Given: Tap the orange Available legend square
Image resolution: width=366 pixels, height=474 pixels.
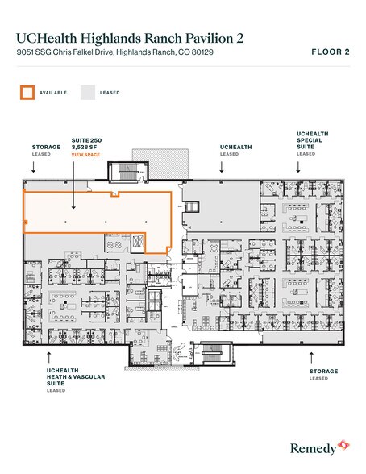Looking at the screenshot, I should pos(27,92).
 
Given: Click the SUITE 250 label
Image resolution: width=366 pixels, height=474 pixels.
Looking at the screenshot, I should pos(86,139).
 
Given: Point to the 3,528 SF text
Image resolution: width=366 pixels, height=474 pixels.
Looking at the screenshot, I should pos(84,147).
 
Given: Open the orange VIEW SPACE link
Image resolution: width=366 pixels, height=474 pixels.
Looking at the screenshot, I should pos(86,154).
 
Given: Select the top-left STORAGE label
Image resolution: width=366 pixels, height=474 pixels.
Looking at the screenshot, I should pos(46,148).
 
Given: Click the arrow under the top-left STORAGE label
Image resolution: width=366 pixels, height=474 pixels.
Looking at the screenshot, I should pos(33,168).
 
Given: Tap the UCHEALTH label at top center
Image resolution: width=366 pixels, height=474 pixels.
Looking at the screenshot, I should pos(235,148).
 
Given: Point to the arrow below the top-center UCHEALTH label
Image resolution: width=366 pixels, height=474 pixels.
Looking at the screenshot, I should pos(223,168).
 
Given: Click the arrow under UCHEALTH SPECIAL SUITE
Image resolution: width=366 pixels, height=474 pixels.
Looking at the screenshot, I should pos(298,168).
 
